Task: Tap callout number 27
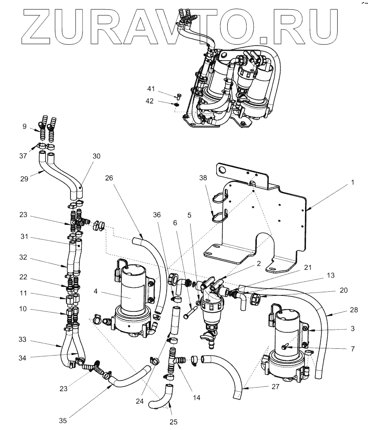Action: point(275,387)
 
